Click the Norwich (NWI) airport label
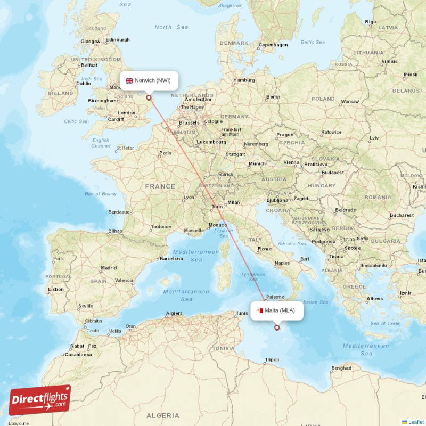tap(152, 80)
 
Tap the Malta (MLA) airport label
tap(280, 310)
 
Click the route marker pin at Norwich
tap(149, 97)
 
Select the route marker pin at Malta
tap(276, 327)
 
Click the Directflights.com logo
tap(40, 400)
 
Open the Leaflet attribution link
tap(415, 422)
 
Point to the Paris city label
tap(165, 153)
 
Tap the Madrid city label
tap(109, 268)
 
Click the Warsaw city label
tap(350, 101)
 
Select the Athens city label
tap(374, 299)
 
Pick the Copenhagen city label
tap(273, 45)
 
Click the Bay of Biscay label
tap(101, 194)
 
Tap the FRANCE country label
tap(160, 186)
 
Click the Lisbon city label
tap(55, 289)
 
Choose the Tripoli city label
tap(272, 359)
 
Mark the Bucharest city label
tap(401, 215)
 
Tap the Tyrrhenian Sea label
tap(252, 277)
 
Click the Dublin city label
tap(84, 84)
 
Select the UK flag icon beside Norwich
tap(129, 80)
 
